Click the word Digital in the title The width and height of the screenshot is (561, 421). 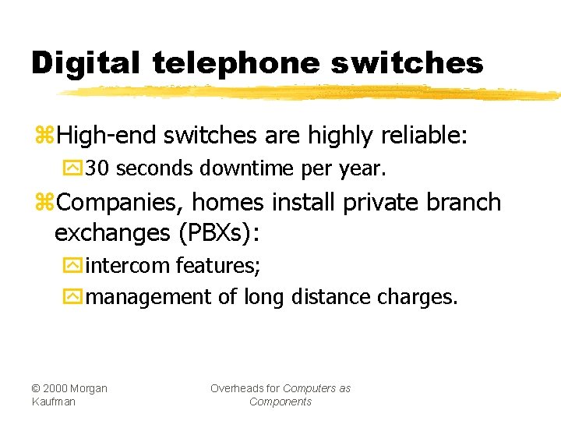(85, 63)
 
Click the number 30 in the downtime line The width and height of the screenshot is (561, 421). (99, 168)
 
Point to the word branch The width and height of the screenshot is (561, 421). (464, 203)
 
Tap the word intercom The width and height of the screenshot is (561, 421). (128, 266)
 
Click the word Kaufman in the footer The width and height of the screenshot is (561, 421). (54, 402)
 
